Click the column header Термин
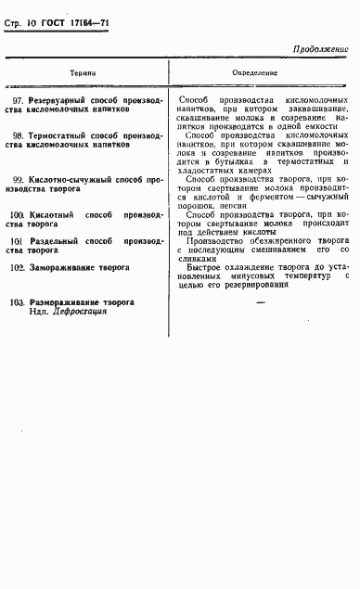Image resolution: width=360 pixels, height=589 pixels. tap(84, 71)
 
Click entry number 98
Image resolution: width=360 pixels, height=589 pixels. tap(17, 135)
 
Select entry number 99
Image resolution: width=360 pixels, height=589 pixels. tap(17, 178)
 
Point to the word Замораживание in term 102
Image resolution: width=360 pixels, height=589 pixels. tap(63, 267)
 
